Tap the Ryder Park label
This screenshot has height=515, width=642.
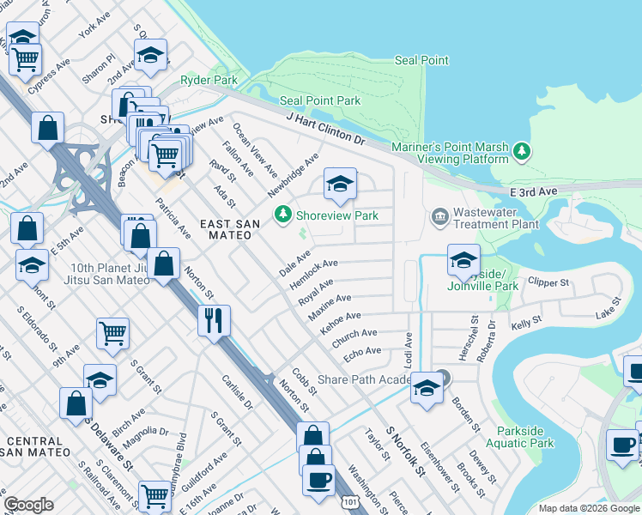click(x=209, y=81)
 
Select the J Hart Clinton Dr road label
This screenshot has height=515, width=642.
click(x=325, y=128)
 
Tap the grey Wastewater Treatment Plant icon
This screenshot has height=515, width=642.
click(x=440, y=215)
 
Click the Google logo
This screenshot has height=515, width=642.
click(x=28, y=505)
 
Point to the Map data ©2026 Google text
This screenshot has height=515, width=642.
click(x=589, y=509)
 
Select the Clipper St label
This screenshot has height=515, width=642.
click(x=549, y=282)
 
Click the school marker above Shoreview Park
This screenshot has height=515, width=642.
click(x=340, y=184)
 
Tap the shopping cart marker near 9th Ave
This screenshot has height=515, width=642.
click(x=113, y=332)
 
